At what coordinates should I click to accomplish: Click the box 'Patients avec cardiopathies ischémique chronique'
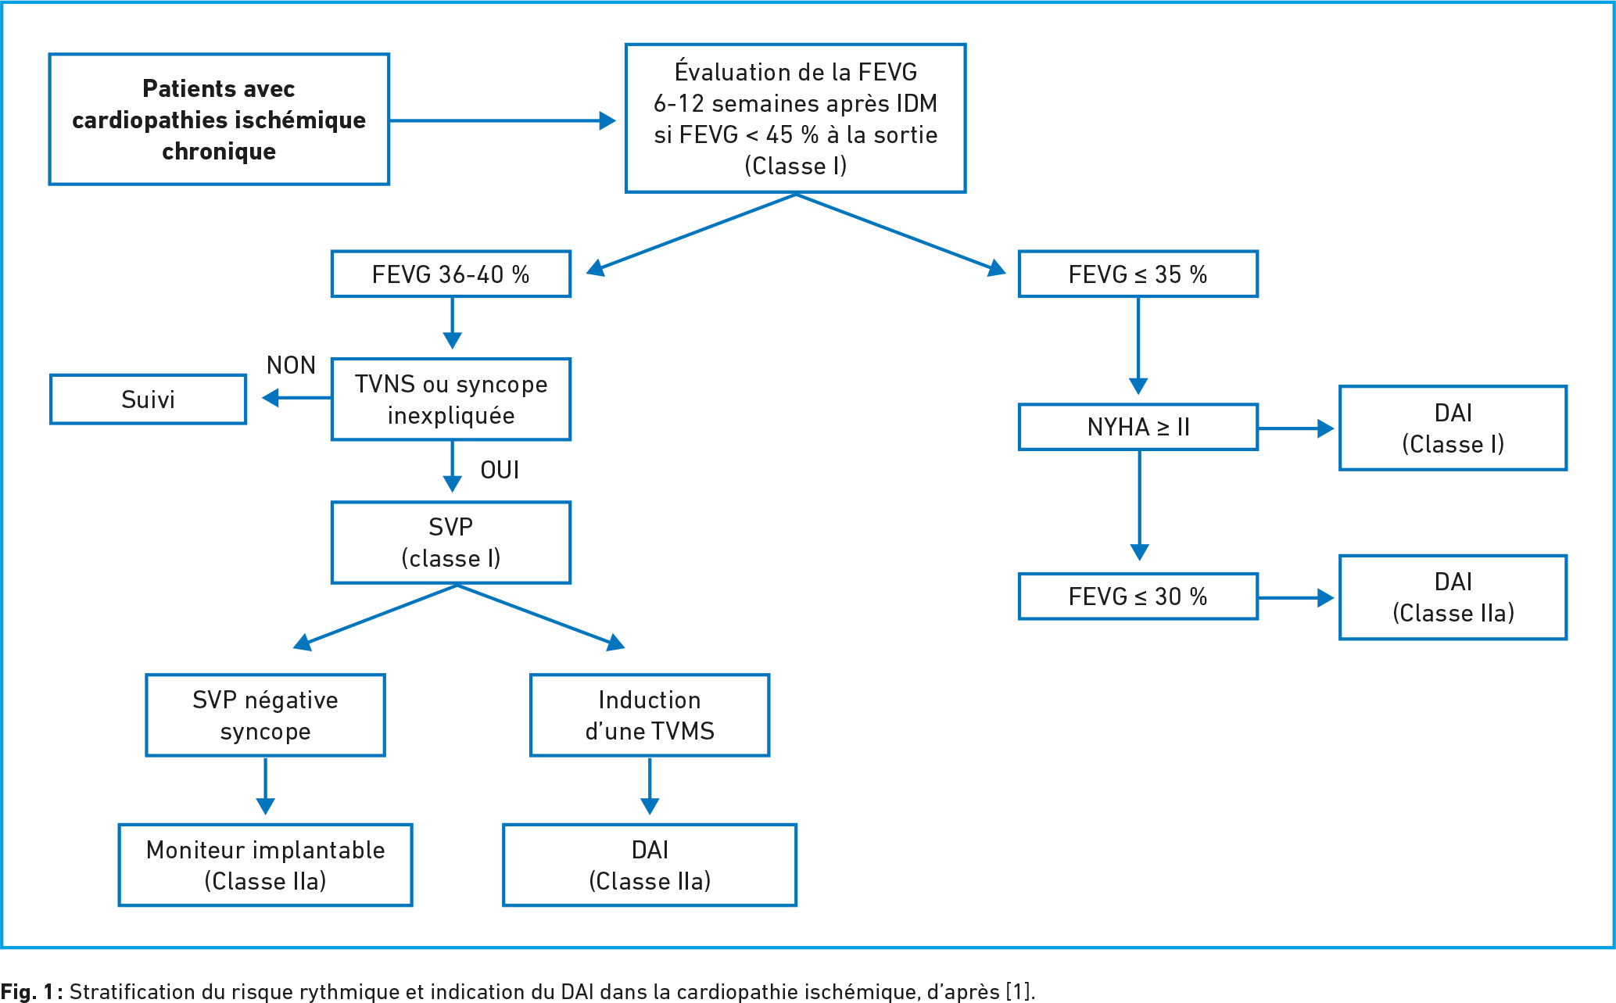pyautogui.click(x=219, y=120)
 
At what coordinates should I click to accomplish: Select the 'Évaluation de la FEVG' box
pyautogui.click(x=795, y=118)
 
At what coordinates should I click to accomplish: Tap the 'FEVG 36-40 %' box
pyautogui.click(x=451, y=274)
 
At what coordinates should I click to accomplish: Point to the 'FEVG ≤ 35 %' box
pyautogui.click(x=1138, y=274)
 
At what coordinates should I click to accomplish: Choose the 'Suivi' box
pyautogui.click(x=148, y=399)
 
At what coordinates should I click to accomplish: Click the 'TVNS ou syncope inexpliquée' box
pyautogui.click(x=451, y=399)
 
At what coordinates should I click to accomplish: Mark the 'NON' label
pyautogui.click(x=291, y=365)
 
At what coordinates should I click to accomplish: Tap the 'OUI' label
pyautogui.click(x=500, y=470)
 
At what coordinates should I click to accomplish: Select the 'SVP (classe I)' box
pyautogui.click(x=451, y=543)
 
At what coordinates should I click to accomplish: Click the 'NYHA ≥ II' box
pyautogui.click(x=1138, y=427)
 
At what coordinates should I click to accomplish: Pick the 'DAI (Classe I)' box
pyautogui.click(x=1453, y=428)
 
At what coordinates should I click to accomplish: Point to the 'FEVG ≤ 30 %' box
pyautogui.click(x=1138, y=596)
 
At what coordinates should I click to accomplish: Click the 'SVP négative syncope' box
pyautogui.click(x=265, y=715)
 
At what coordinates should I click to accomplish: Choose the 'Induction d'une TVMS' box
pyautogui.click(x=650, y=715)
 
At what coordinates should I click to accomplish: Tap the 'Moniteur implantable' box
pyautogui.click(x=265, y=865)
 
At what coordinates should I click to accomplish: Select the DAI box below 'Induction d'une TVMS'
pyautogui.click(x=650, y=865)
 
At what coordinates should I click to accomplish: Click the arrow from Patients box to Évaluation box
pyautogui.click(x=503, y=120)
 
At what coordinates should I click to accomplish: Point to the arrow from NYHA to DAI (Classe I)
pyautogui.click(x=1295, y=428)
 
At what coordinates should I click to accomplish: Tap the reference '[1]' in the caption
pyautogui.click(x=1018, y=991)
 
